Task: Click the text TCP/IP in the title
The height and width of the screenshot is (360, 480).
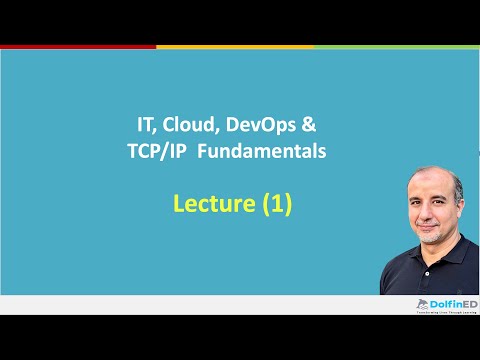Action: point(178,151)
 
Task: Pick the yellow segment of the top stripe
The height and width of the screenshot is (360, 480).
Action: point(235,46)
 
